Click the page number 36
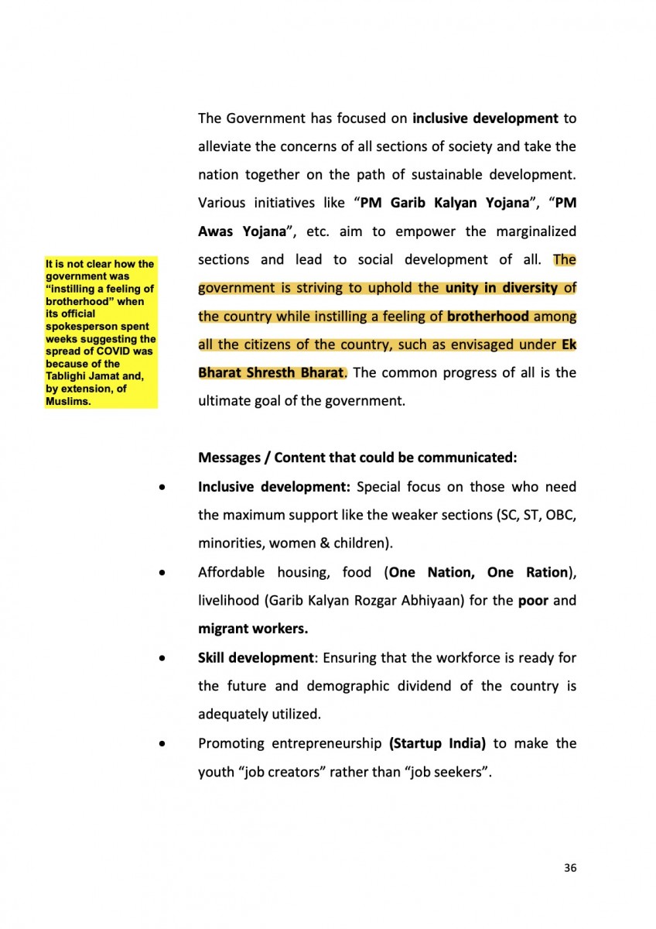pyautogui.click(x=570, y=868)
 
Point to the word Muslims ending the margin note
pyautogui.click(x=65, y=401)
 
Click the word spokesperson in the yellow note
pyautogui.click(x=77, y=326)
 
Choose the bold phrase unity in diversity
pyautogui.click(x=501, y=288)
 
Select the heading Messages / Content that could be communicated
pyautogui.click(x=357, y=458)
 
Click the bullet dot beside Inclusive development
pyautogui.click(x=161, y=488)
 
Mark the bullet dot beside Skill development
pyautogui.click(x=161, y=659)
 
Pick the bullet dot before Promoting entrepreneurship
pyautogui.click(x=161, y=744)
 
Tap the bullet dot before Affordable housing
pyautogui.click(x=161, y=574)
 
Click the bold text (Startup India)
pyautogui.click(x=437, y=743)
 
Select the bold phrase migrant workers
pyautogui.click(x=247, y=628)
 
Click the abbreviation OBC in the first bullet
pyautogui.click(x=559, y=516)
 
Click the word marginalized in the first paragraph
pyautogui.click(x=534, y=231)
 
